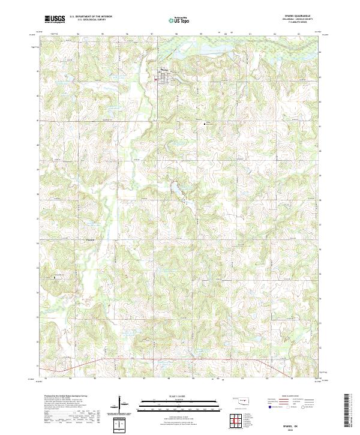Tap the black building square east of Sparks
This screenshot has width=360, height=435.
[206, 124]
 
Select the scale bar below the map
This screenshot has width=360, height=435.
[180, 404]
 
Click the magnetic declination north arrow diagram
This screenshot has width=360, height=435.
[121, 403]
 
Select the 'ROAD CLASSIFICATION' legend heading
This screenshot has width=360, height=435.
[291, 397]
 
